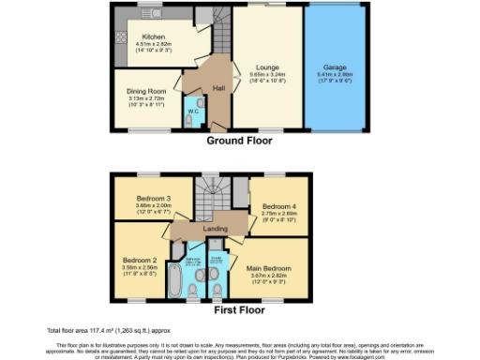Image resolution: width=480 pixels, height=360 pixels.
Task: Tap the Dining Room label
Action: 145,91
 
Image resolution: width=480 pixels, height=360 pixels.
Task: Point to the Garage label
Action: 335,67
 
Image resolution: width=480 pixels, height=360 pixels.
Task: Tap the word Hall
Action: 218,87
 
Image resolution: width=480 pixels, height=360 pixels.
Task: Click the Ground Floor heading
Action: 239,142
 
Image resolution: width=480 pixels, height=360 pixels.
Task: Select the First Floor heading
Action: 239,309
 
